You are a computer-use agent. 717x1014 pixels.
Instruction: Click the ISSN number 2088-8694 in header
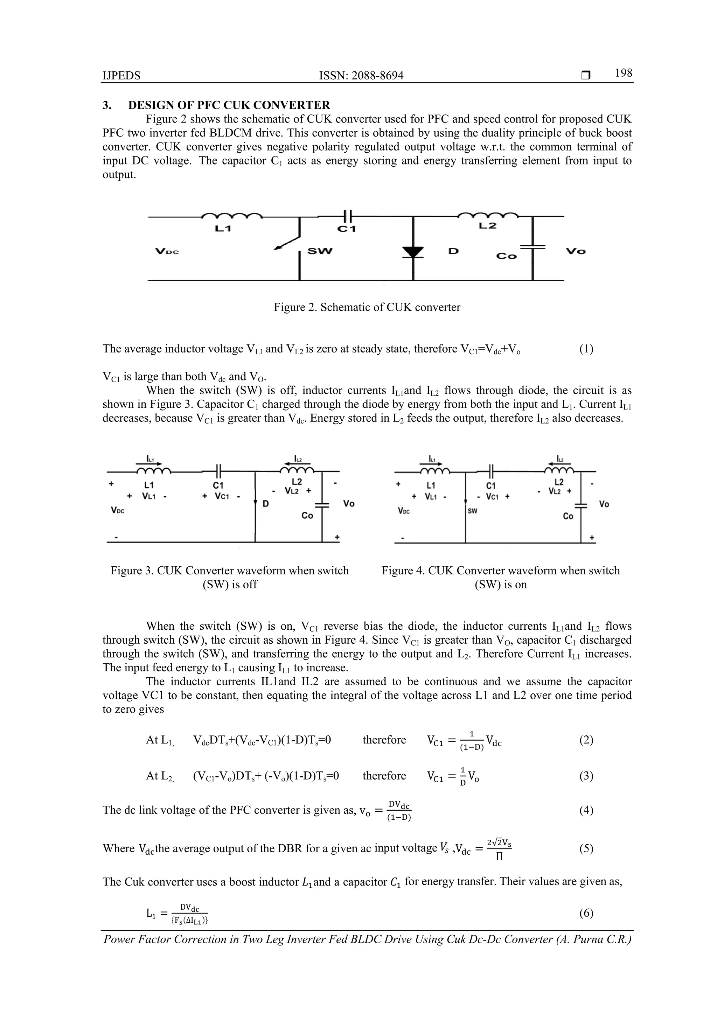coord(361,76)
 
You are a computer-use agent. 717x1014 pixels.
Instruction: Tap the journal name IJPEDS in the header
coord(121,76)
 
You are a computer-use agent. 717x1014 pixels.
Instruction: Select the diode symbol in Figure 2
coord(413,251)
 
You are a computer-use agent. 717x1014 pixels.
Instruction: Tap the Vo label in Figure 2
coord(576,251)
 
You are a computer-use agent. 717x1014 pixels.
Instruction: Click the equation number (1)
coord(586,349)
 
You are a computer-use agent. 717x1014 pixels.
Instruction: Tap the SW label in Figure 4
coord(472,511)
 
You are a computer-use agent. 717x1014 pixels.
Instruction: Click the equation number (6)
coord(586,913)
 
